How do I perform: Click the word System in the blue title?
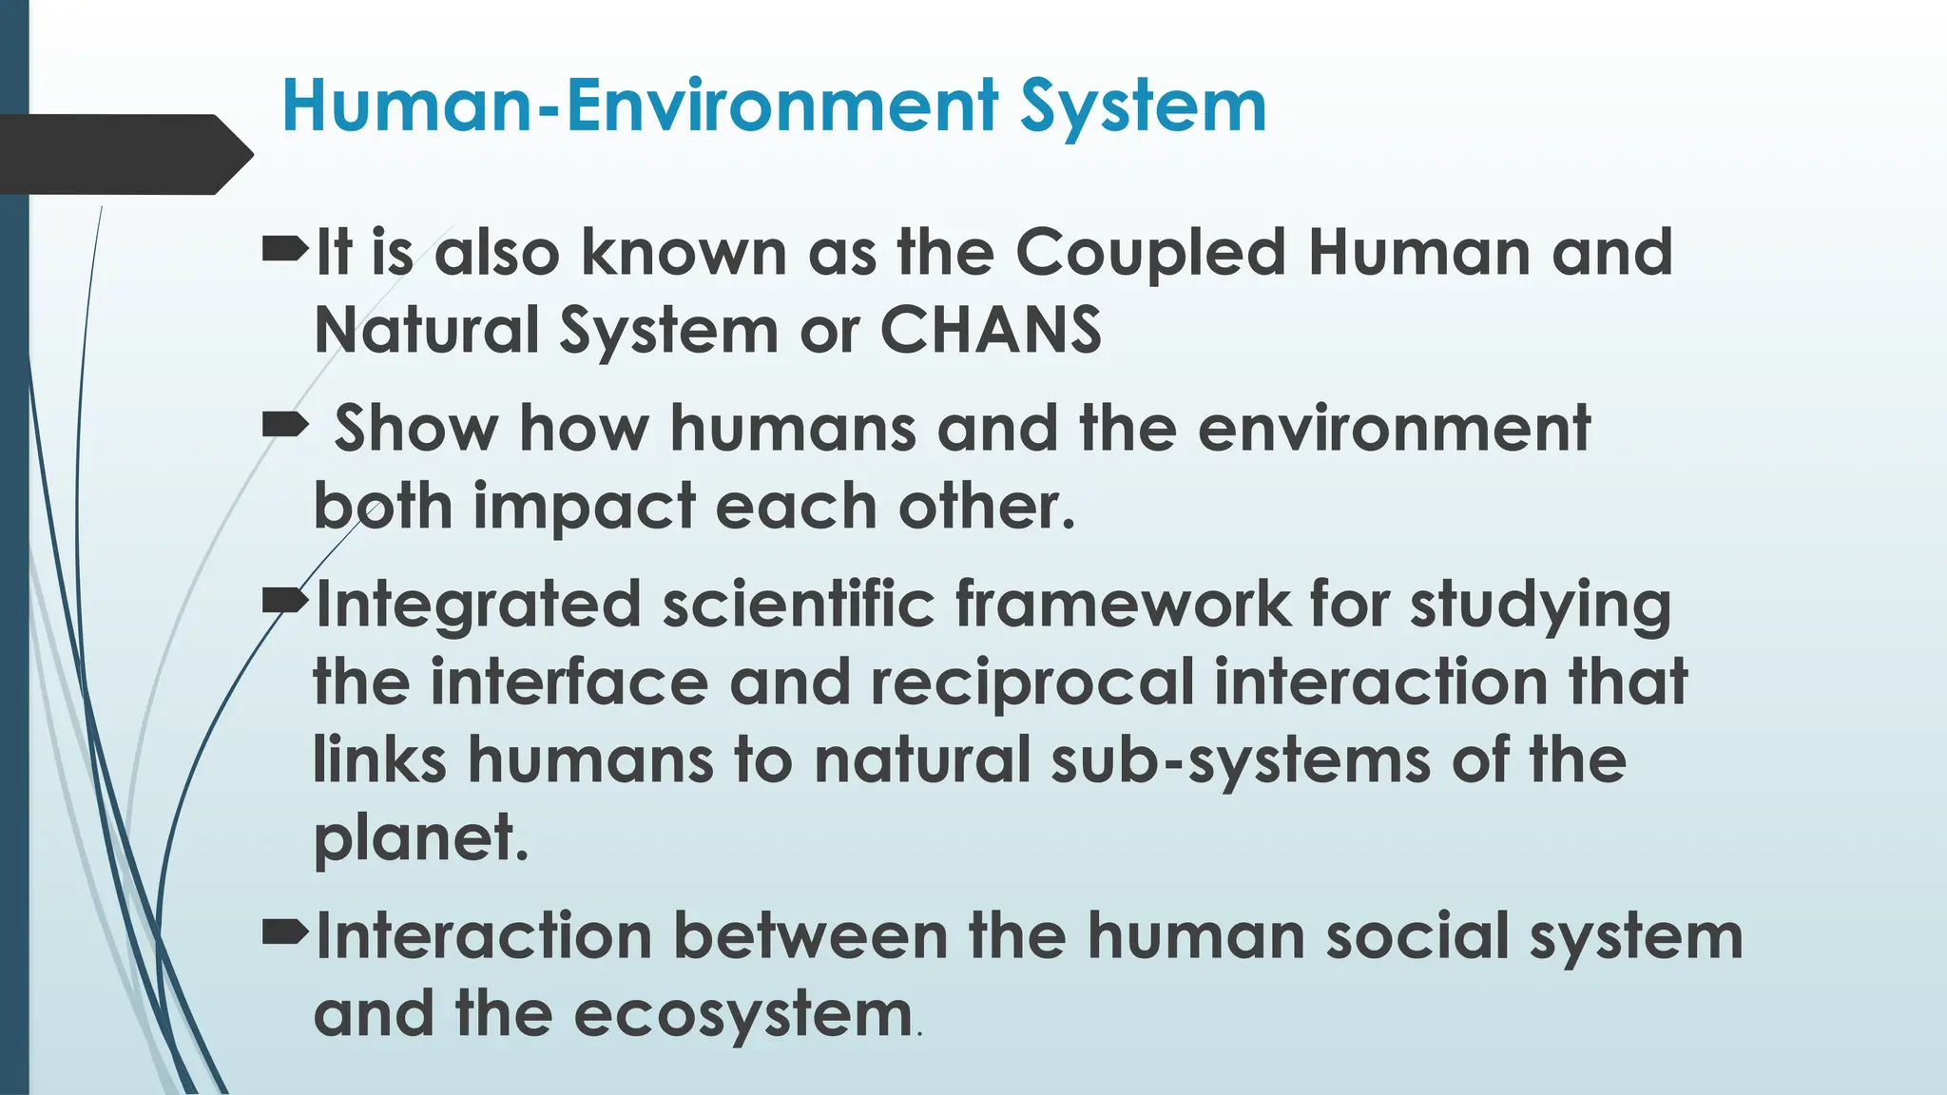coord(1144,106)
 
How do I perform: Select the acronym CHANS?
coord(991,330)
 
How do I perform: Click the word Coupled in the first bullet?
coord(1149,254)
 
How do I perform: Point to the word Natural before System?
coord(426,330)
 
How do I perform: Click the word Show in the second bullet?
coord(415,428)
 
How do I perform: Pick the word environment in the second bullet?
coord(1393,428)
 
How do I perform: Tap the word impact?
coord(584,506)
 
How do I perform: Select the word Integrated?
coord(478,605)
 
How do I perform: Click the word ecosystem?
coord(743,1014)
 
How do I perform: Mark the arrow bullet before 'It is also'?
coord(284,252)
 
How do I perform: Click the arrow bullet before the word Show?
coord(284,425)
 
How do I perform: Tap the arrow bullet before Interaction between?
coord(284,934)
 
